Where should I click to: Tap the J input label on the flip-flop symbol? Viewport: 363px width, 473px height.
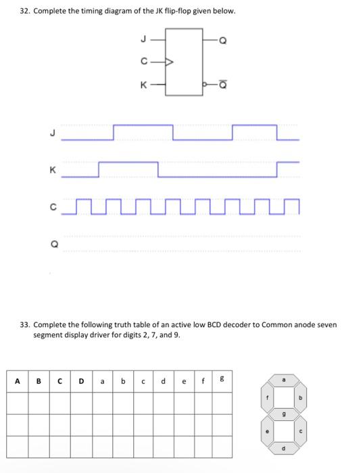click(143, 38)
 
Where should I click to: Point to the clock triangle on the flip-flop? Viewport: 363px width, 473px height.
click(170, 62)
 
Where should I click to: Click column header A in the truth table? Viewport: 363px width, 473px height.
click(18, 380)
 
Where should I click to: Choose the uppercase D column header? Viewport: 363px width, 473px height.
click(81, 380)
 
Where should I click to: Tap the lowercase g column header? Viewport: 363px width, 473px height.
click(220, 380)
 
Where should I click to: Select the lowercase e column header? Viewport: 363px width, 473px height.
click(185, 380)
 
